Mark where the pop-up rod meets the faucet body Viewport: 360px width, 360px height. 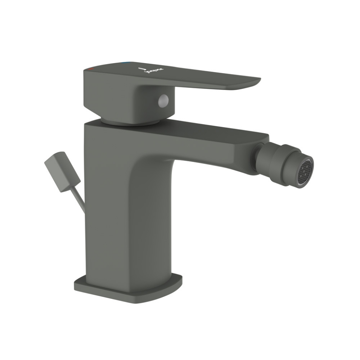point(84,210)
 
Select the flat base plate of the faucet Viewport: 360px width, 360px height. point(127,289)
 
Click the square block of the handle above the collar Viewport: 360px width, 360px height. point(112,94)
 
